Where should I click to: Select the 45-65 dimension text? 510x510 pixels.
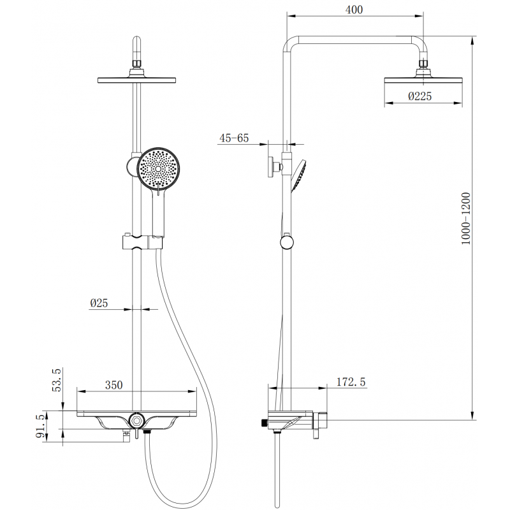[233, 138]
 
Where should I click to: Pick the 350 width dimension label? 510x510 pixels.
[113, 385]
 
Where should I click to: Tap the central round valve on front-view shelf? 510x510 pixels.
[135, 420]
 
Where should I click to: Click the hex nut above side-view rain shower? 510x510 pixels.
[423, 65]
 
